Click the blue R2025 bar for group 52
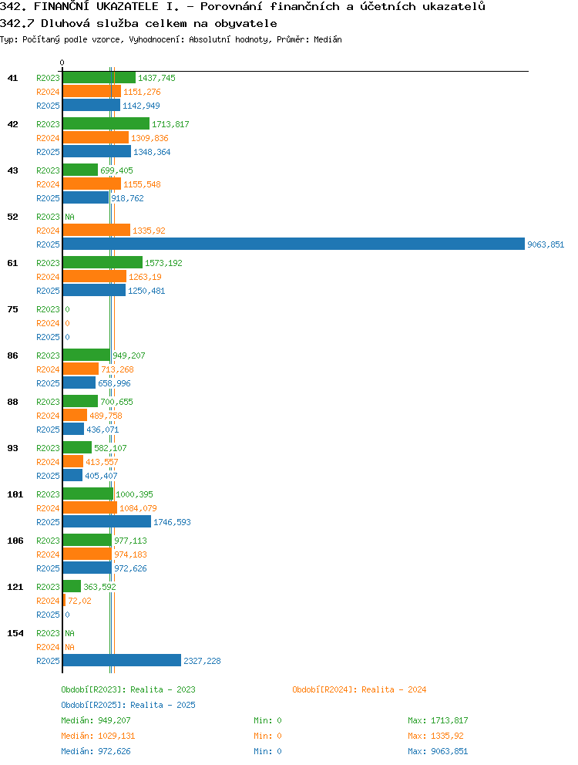point(294,244)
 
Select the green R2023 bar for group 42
point(106,123)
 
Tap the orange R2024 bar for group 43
point(92,184)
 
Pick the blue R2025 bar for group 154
point(122,660)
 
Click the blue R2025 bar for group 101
point(107,521)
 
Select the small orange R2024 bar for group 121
point(64,600)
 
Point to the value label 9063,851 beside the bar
point(546,244)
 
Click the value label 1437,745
point(156,78)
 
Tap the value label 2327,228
point(202,661)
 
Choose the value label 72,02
point(79,601)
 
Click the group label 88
point(12,402)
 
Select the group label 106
point(15,541)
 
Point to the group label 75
point(12,309)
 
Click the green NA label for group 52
point(70,217)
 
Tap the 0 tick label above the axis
point(62,62)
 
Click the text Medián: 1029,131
point(98,736)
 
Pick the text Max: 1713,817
point(438,720)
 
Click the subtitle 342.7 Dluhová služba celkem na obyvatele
point(139,23)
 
